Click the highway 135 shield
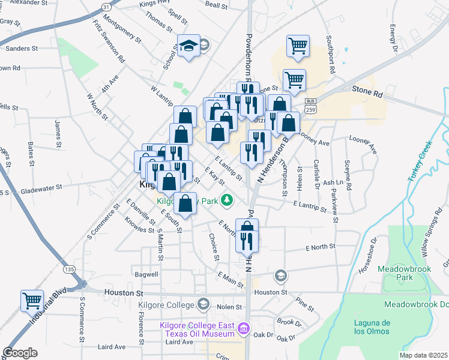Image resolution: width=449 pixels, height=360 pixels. coord(70,270)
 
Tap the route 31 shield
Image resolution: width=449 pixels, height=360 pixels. coord(106,7)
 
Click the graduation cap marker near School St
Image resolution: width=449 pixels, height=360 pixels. coord(188,46)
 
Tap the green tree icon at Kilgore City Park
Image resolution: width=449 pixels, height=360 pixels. coord(227,200)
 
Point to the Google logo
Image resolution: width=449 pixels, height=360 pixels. coord(20,353)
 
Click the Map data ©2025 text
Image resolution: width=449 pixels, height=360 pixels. coord(422,355)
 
